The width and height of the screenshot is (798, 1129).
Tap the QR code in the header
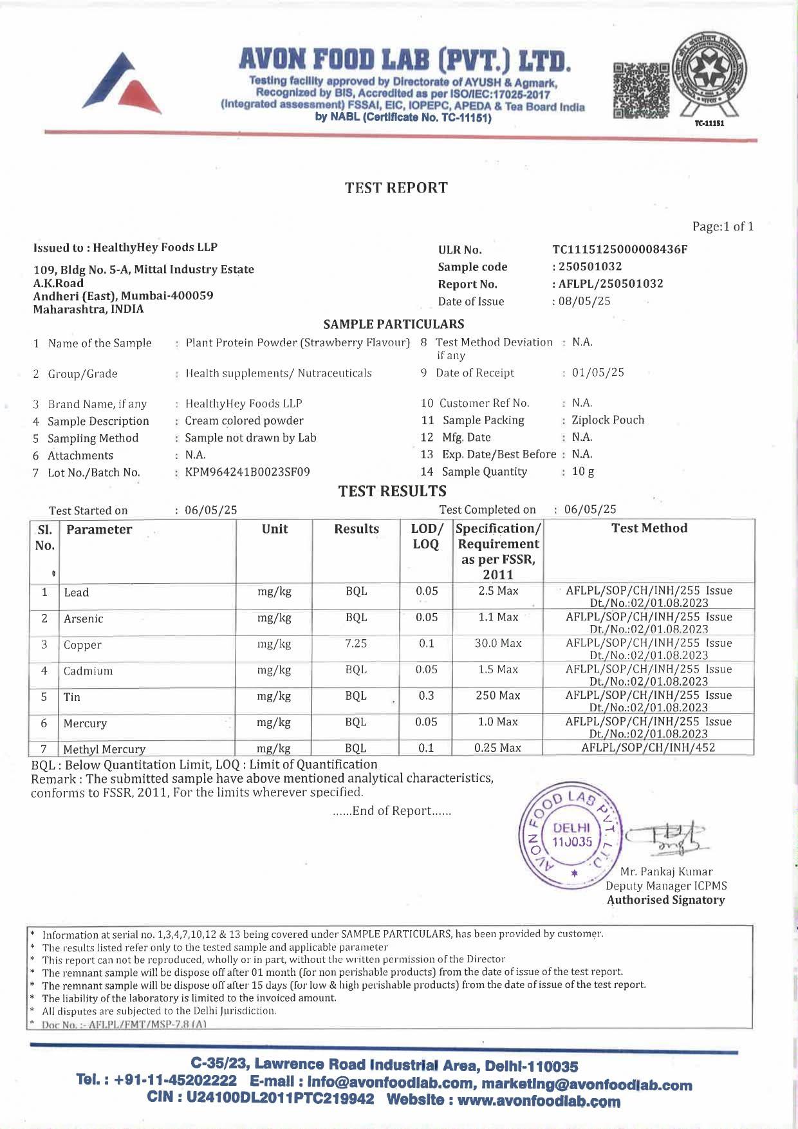641,90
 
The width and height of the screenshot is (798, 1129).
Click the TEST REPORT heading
396,188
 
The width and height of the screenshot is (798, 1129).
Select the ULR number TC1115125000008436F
620,250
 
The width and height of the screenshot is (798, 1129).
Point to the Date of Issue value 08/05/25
584,301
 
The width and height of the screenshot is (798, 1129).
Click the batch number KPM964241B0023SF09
247,472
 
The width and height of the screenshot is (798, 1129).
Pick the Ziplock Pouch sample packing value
608,420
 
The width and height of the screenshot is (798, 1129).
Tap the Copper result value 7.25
356,644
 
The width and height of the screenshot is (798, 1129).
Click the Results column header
357,529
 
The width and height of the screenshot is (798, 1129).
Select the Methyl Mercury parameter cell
104,749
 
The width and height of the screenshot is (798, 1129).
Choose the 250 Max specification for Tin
498,696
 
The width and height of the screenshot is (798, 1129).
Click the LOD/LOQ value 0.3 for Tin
426,696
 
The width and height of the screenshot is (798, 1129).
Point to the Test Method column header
649,528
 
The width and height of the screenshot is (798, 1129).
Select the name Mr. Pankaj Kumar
666,872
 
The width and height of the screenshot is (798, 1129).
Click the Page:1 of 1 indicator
723,227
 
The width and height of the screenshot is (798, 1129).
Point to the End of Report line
392,811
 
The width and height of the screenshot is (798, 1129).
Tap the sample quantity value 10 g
583,472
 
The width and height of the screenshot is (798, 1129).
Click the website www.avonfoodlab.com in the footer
539,1101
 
